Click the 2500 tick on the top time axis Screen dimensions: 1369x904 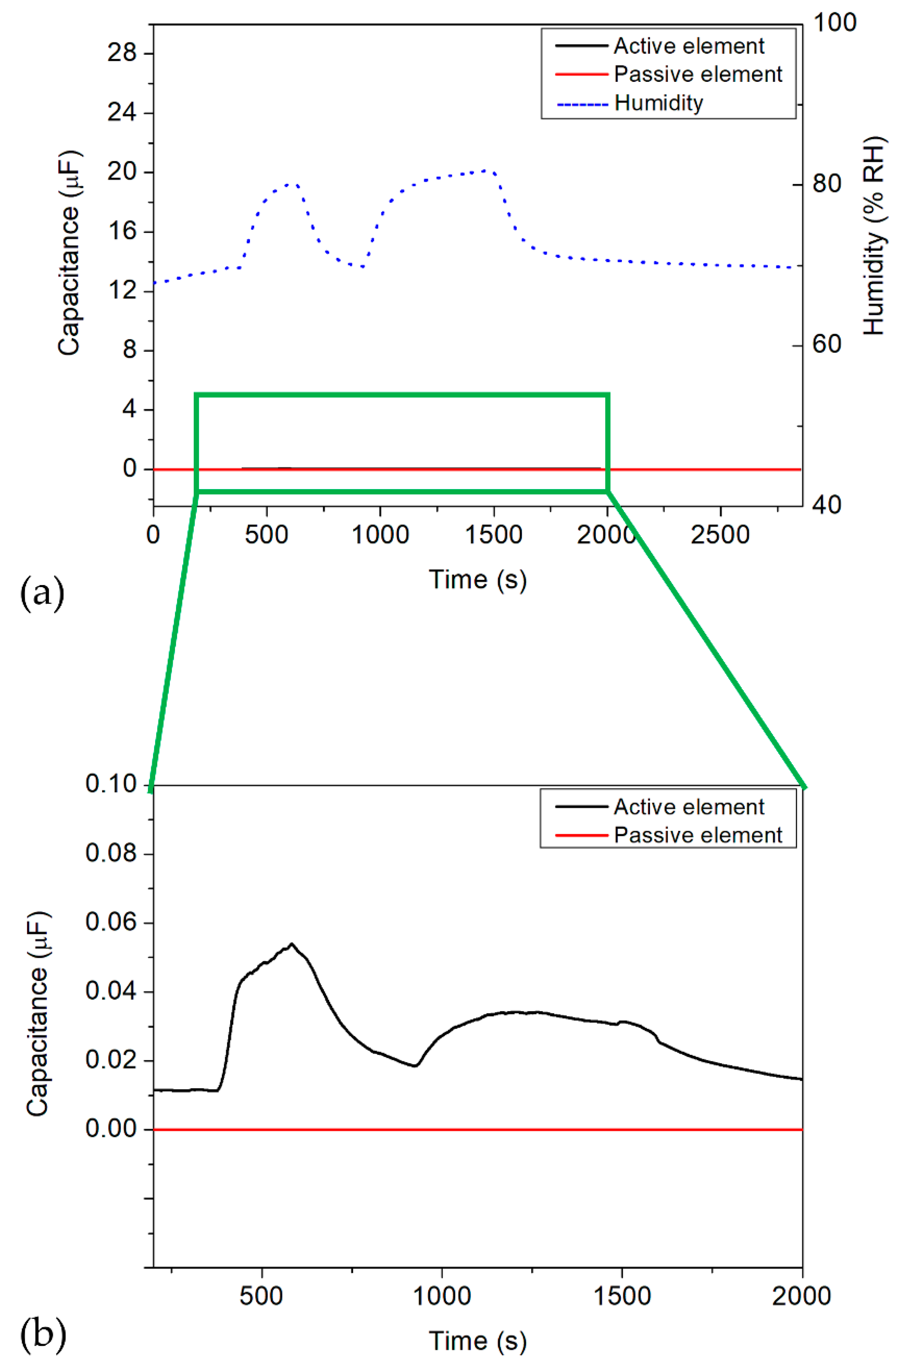[720, 535]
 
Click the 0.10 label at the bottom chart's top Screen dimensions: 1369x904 [111, 784]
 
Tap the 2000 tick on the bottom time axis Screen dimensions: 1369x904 [802, 1297]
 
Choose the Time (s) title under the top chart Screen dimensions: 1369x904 [477, 579]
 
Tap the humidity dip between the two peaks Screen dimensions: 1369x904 [362, 267]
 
